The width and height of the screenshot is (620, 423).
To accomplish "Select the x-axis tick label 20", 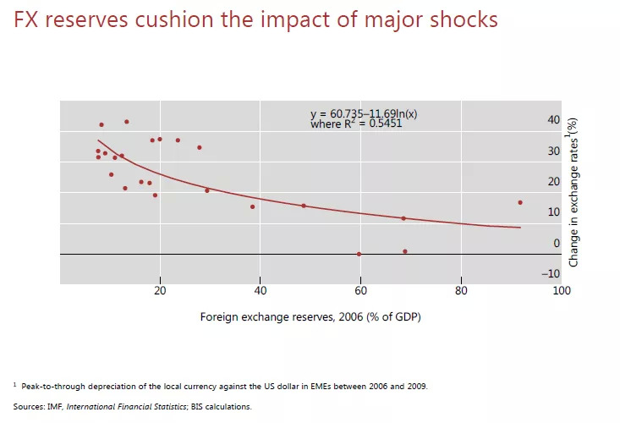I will [x=160, y=291].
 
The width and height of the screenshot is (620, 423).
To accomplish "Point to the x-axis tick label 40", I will [x=260, y=291].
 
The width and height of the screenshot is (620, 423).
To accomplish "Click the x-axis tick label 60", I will [x=360, y=291].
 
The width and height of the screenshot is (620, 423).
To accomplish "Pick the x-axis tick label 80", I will [x=461, y=291].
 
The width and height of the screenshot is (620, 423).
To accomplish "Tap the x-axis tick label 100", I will [x=561, y=291].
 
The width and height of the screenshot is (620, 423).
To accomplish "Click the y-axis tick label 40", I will [x=553, y=120].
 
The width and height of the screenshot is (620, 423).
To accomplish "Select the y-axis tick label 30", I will [x=553, y=151].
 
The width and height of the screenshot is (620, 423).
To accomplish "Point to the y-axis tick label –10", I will [x=551, y=273].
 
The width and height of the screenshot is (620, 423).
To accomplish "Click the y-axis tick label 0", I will [x=556, y=244].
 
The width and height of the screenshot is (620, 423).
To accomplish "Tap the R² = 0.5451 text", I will [x=372, y=124].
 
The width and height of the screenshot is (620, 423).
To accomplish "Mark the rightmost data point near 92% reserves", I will [x=520, y=202].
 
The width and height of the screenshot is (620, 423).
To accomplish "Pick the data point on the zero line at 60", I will [x=359, y=254].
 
